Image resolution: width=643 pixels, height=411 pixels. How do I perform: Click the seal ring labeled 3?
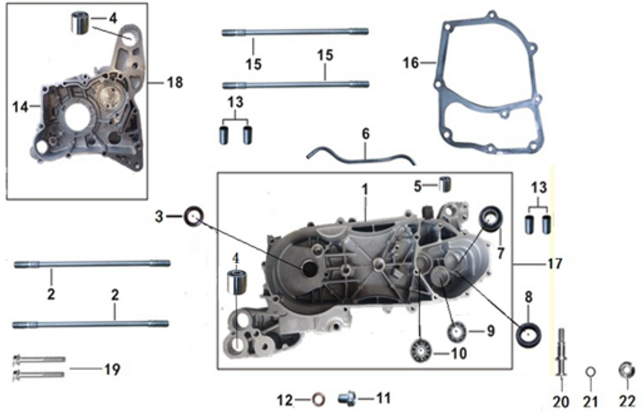(x=193, y=217)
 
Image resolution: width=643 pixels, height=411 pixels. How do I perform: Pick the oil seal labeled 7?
(x=491, y=218)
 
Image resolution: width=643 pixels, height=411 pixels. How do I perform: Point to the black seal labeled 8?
(x=528, y=334)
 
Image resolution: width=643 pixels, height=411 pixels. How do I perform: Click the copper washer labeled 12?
(x=319, y=398)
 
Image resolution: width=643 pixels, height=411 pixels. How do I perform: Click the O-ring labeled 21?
(x=590, y=372)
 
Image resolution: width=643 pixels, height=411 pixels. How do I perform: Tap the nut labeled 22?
(x=625, y=369)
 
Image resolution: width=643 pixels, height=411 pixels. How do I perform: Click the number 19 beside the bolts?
(x=112, y=370)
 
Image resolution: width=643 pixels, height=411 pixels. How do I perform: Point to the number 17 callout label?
(x=554, y=264)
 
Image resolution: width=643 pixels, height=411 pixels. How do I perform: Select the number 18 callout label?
(x=175, y=82)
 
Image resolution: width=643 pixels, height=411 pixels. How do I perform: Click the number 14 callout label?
(x=20, y=107)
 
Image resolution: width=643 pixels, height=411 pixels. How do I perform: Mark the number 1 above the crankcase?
(x=365, y=188)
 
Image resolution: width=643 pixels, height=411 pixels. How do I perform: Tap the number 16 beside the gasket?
(x=411, y=63)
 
